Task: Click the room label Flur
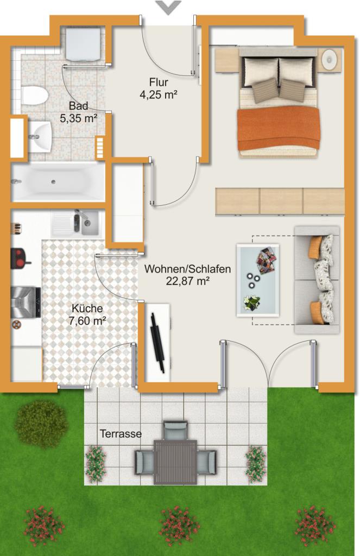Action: (159, 83)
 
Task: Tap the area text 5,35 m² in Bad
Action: (78, 118)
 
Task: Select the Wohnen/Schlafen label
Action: (187, 269)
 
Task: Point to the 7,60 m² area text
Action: (87, 321)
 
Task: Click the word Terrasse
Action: (121, 434)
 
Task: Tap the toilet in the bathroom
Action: (34, 95)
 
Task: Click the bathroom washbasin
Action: (40, 137)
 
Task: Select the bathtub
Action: (58, 182)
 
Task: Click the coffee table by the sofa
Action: (258, 280)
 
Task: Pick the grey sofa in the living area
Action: (317, 280)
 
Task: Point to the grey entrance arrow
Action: (168, 7)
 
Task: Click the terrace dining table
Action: (175, 462)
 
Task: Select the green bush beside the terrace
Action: (41, 424)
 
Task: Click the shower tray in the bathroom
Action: (84, 43)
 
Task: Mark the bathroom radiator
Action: (100, 148)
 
